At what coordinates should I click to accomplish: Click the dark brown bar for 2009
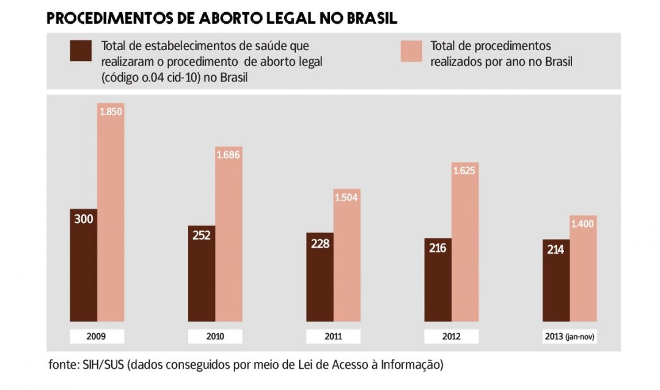83,265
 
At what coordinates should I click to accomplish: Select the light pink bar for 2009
111,212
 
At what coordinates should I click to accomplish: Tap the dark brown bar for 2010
202,274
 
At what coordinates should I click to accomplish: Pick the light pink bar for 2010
229,234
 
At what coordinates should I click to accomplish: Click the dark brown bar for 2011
320,277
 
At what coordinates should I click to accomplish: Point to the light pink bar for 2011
347,256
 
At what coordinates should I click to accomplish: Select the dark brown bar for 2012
438,280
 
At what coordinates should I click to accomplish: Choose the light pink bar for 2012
465,242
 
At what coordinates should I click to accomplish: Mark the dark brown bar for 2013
556,281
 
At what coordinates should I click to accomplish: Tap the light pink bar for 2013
584,269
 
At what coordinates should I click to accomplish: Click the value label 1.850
111,112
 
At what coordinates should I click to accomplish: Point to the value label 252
202,235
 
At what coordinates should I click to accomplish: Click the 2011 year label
334,336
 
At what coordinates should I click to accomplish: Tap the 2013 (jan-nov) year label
570,336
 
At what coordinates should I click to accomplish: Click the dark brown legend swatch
81,51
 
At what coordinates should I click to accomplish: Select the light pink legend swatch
411,51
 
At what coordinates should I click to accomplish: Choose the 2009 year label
97,336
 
